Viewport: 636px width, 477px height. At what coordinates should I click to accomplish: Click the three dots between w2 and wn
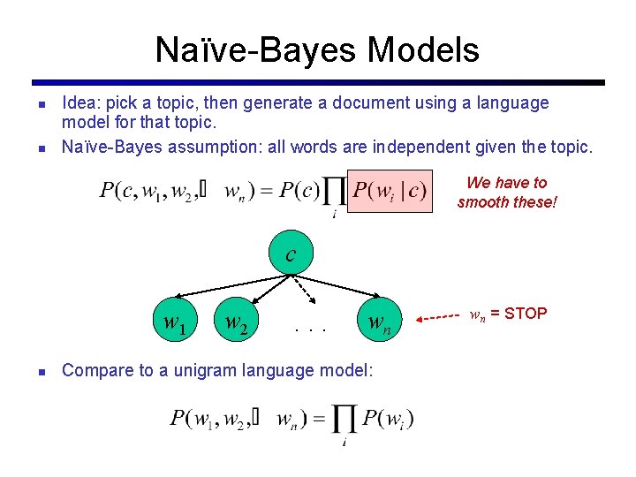pos(311,330)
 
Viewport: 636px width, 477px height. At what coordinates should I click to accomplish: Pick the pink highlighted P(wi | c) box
pos(390,191)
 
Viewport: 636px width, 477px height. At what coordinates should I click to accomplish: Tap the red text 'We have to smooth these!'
pos(507,192)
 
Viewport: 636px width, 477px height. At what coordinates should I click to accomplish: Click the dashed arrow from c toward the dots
pos(303,289)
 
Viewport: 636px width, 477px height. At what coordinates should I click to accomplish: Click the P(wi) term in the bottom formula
pos(387,418)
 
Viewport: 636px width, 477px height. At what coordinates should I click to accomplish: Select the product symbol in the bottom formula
pos(344,419)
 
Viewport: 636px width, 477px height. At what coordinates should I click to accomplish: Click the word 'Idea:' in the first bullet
pos(80,103)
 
